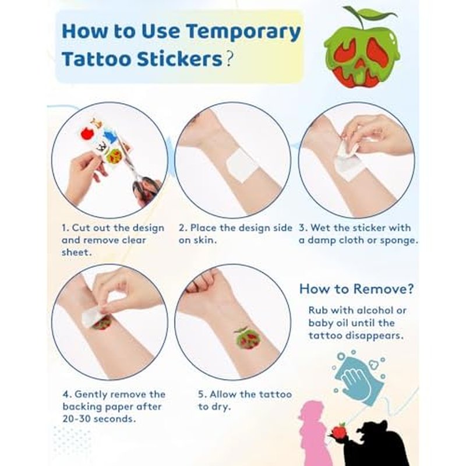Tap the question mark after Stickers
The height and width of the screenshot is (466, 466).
coord(228,59)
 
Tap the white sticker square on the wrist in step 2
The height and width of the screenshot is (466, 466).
coord(241,165)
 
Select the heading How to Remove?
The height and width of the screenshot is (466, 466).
coord(356,289)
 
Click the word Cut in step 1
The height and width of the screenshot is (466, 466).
coord(80,228)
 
